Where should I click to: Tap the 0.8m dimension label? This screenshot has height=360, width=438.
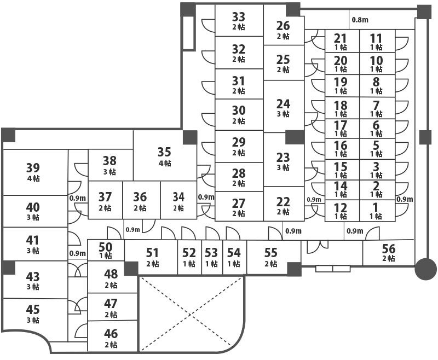pyautogui.click(x=360, y=20)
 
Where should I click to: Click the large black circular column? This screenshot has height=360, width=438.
pyautogui.click(x=425, y=268)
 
